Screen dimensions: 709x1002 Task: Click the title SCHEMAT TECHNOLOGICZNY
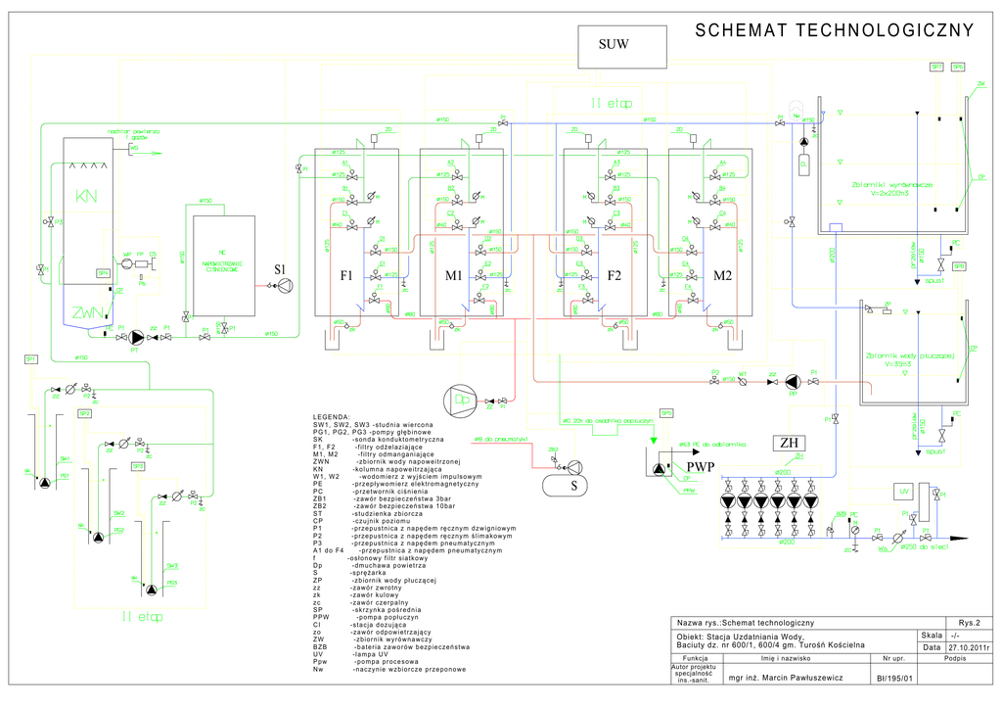[x=834, y=30]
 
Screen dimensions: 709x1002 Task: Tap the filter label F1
[x=345, y=277]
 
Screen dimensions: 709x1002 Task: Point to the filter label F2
[x=614, y=277]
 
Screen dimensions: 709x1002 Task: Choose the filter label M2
[x=722, y=277]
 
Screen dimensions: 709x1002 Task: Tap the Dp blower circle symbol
[x=460, y=400]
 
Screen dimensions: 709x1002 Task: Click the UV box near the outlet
[x=904, y=491]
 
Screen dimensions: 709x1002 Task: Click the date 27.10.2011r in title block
[x=970, y=647]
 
